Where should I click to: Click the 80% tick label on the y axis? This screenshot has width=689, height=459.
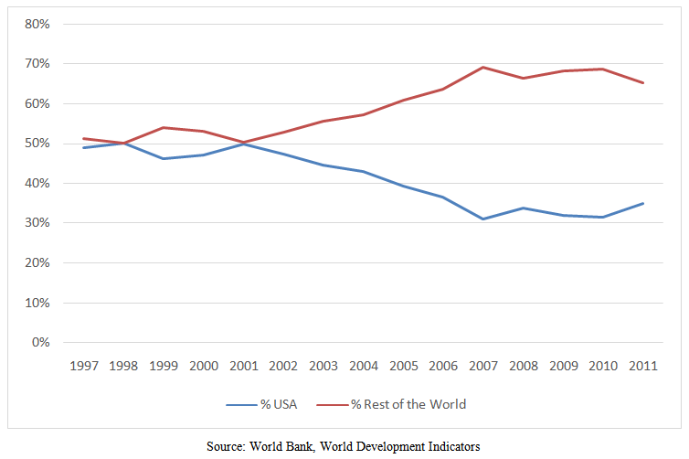37,24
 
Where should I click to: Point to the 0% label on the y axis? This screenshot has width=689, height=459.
39,342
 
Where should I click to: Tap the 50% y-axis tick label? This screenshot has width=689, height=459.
37,144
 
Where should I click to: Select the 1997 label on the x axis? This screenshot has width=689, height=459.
84,365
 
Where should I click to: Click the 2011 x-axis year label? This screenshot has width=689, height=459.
643,365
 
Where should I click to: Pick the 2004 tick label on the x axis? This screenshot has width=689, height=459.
364,365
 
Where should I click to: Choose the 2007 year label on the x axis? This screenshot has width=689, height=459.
483,365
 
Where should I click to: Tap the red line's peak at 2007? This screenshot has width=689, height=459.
483,67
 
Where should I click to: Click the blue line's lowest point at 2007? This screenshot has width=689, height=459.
483,219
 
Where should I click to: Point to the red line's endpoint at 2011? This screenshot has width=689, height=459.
643,82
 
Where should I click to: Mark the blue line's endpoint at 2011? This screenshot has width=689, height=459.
643,203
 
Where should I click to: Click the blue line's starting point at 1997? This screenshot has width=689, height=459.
84,147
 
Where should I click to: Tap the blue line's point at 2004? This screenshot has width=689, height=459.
364,171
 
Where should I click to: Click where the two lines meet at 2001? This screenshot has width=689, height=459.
244,143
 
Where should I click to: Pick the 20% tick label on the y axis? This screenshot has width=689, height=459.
37,262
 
